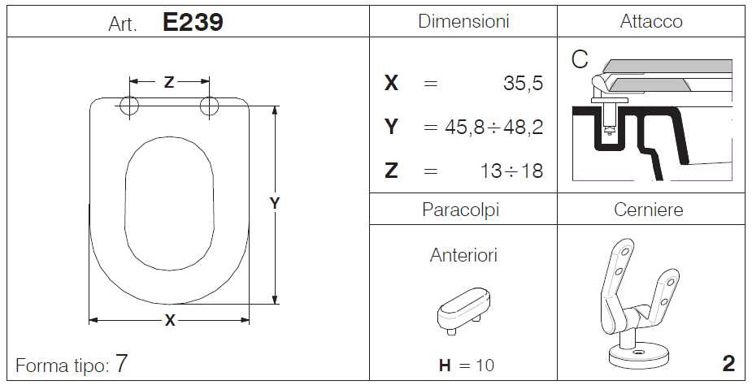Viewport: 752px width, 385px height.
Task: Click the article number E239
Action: (x=193, y=22)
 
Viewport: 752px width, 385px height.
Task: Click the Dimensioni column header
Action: (x=463, y=22)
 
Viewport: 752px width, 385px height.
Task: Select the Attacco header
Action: (x=651, y=22)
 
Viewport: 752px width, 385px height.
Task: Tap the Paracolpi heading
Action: (x=460, y=210)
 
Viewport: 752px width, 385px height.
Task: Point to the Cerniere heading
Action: (x=649, y=210)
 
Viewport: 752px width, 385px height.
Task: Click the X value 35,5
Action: (x=523, y=84)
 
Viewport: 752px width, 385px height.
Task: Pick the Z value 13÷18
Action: (x=511, y=171)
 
